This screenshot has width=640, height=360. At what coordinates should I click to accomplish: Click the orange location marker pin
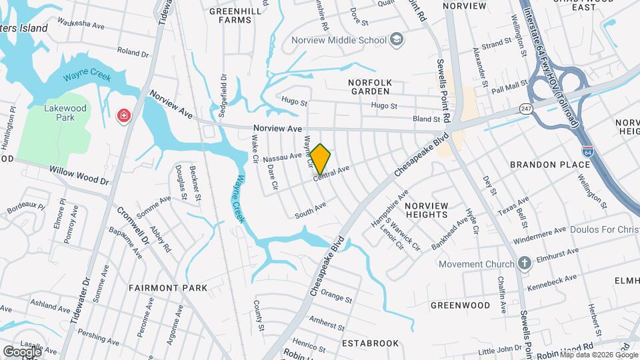[x=321, y=159]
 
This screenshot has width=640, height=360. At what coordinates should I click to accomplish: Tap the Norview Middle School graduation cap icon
[x=397, y=40]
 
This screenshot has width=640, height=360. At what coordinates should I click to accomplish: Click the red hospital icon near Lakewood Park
[x=123, y=117]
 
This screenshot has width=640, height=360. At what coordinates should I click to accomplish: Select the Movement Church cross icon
[x=524, y=264]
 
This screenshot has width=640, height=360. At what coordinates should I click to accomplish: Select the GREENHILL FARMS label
[x=231, y=15]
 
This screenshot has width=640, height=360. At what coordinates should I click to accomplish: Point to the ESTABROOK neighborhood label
[x=370, y=343]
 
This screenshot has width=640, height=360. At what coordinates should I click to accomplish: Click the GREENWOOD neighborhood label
[x=460, y=305]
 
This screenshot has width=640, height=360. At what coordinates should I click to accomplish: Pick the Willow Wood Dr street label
[x=79, y=175]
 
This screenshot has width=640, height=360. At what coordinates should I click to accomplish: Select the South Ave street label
[x=311, y=211]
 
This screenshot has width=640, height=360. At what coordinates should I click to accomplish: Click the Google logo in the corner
[x=21, y=351]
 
